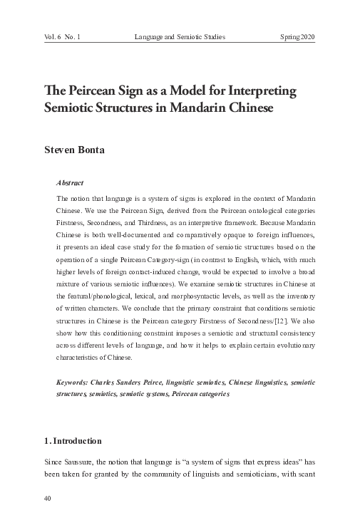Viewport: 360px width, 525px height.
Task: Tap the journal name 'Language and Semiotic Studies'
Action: [x=180, y=36]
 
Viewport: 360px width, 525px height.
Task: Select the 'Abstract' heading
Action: [x=70, y=183]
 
